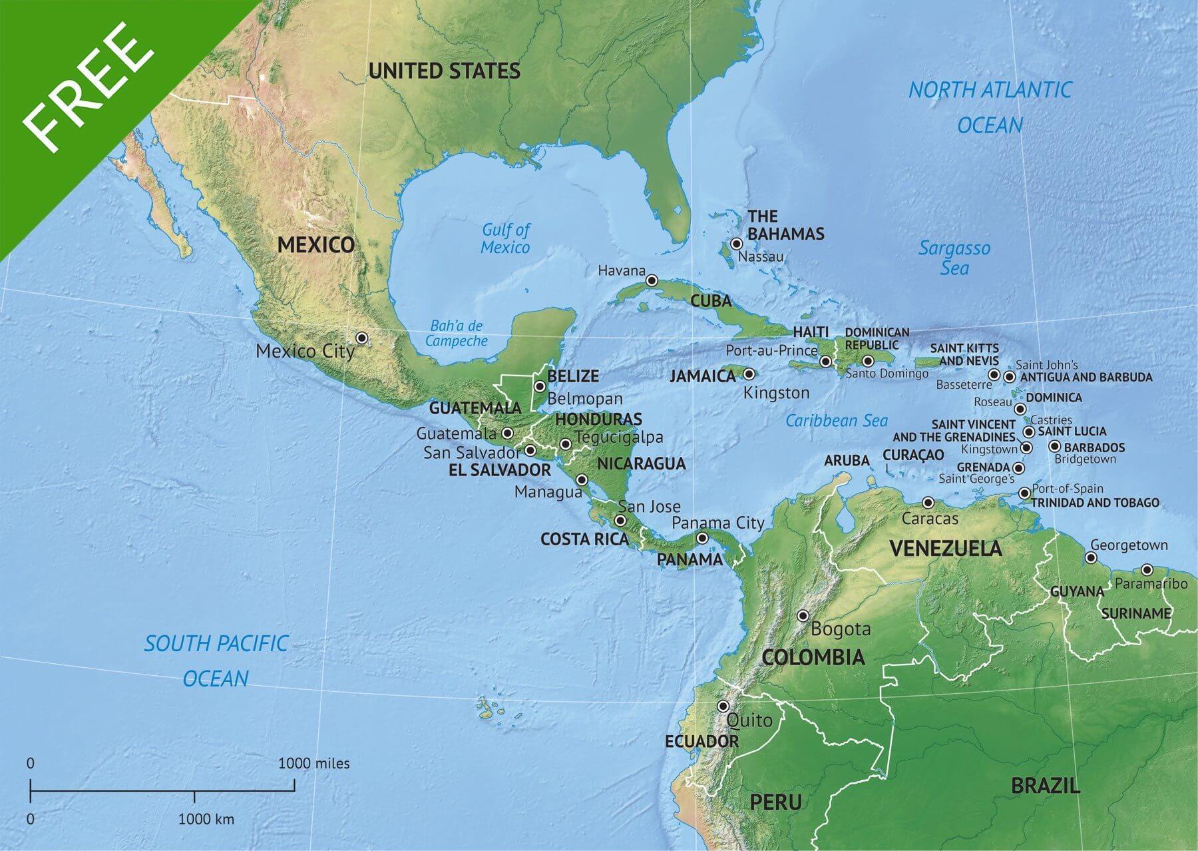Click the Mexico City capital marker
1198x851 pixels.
point(361,338)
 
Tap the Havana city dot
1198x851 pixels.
point(652,280)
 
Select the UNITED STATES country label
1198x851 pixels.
point(444,71)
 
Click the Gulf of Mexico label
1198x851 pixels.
point(506,238)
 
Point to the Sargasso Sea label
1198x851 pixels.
point(954,258)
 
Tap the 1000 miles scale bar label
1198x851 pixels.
point(313,763)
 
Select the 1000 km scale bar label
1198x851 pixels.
point(206,819)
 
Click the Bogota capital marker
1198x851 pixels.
point(803,615)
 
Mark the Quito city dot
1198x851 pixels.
point(723,706)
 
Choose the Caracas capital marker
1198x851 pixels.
point(928,503)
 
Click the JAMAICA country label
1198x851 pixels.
point(702,376)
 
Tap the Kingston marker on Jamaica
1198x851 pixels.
point(749,374)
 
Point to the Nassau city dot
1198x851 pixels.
point(736,244)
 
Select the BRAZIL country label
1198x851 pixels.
point(1046,786)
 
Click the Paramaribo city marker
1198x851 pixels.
point(1147,569)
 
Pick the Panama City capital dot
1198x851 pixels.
point(702,538)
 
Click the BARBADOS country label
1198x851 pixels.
point(1094,447)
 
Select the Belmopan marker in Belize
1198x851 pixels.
point(540,386)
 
